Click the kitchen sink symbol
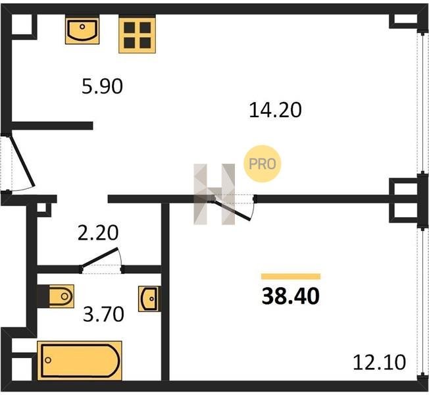coord(82,30)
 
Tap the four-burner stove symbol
coord(137,34)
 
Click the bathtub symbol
coord(80,360)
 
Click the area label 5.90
coord(103,86)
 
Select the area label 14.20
coord(275,110)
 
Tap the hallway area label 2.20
coord(98,232)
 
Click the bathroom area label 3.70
coord(103,314)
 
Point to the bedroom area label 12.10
coord(379,362)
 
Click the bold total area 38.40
coord(291,296)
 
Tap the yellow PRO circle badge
coord(263,164)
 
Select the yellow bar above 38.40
coord(291,276)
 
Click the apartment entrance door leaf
coord(22,161)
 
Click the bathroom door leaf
coord(100,257)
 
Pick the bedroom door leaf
coord(232,210)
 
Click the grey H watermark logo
coord(214,194)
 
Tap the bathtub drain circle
coord(48,360)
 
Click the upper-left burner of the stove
coord(130,28)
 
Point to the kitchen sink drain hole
coord(82,26)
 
